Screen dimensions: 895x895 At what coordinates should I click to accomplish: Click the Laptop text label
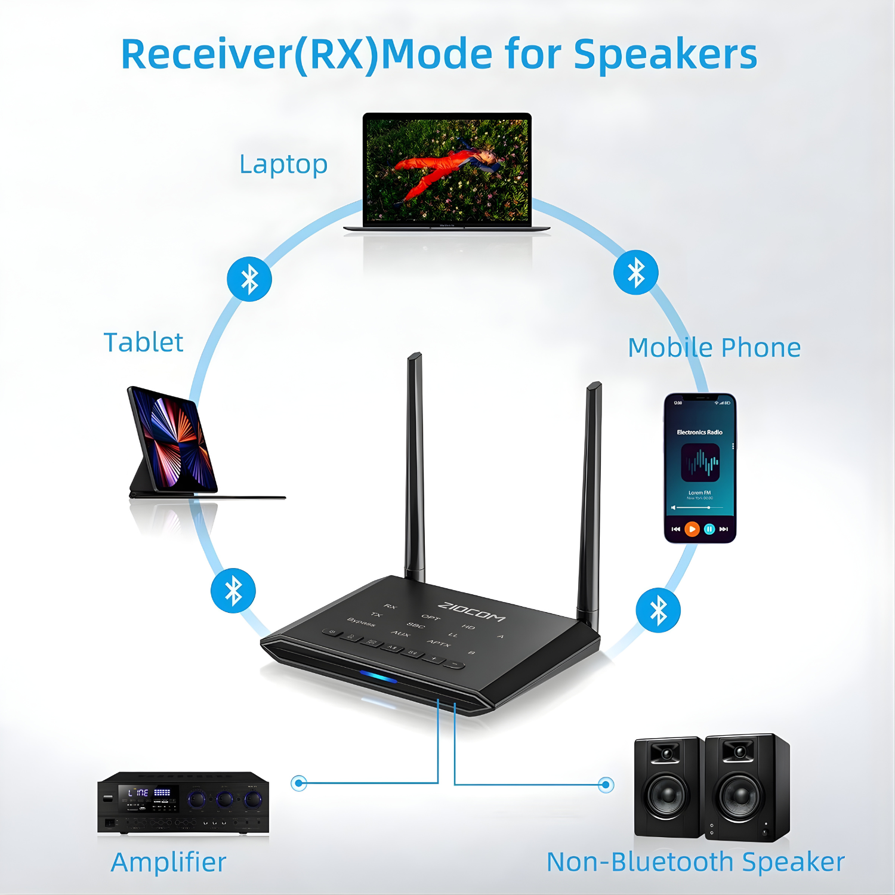pyautogui.click(x=283, y=165)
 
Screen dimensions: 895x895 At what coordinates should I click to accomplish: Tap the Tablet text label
pyautogui.click(x=143, y=342)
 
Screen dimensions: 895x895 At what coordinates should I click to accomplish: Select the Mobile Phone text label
pyautogui.click(x=714, y=347)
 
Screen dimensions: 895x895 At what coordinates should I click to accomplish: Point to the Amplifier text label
pyautogui.click(x=168, y=862)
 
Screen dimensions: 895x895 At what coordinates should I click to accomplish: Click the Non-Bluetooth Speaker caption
pyautogui.click(x=696, y=862)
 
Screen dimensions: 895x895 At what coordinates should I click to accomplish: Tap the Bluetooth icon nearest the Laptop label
pyautogui.click(x=249, y=279)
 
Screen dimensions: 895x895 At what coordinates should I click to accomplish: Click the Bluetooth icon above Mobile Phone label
pyautogui.click(x=636, y=273)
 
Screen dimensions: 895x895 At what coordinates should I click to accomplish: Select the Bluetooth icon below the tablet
pyautogui.click(x=233, y=591)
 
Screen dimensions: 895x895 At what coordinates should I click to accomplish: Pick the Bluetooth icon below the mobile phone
pyautogui.click(x=658, y=610)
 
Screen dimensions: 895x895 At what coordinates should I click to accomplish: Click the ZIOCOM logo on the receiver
pyautogui.click(x=471, y=612)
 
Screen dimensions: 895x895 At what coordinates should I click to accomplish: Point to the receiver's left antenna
pyautogui.click(x=415, y=465)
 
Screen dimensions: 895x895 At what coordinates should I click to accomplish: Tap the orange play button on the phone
pyautogui.click(x=692, y=529)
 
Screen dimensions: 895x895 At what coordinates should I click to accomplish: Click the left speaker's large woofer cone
pyautogui.click(x=667, y=795)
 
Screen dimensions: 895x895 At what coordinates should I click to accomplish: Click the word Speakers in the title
pyautogui.click(x=665, y=54)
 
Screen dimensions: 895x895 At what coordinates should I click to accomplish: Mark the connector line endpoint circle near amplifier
pyautogui.click(x=299, y=783)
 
